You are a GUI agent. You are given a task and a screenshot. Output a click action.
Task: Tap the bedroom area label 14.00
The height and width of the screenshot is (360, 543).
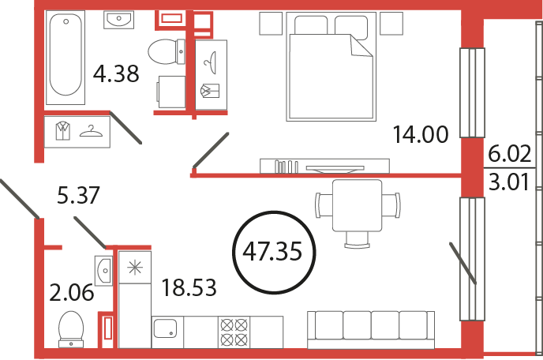click(421, 134)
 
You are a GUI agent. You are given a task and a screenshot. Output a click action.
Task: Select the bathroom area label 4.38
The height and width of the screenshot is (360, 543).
click(116, 73)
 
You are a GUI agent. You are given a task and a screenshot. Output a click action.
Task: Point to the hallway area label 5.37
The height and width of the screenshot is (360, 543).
click(78, 195)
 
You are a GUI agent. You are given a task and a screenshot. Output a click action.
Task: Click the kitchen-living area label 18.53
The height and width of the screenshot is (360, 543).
click(189, 287)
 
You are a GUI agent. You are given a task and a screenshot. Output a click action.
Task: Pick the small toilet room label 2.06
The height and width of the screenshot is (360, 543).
click(71, 292)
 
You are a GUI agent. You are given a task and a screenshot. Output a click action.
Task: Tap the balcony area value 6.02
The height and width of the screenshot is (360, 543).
click(509, 153)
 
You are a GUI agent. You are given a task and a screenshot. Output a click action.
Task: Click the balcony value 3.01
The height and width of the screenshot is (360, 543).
click(509, 182)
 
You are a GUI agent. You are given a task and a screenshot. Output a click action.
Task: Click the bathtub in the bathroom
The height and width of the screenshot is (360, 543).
click(66, 57)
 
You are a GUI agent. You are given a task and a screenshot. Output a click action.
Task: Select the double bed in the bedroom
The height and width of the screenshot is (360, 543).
click(331, 66)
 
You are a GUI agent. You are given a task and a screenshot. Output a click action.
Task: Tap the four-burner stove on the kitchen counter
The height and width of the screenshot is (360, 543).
click(234, 332)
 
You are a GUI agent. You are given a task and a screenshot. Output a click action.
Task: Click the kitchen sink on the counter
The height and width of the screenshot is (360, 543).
click(165, 328)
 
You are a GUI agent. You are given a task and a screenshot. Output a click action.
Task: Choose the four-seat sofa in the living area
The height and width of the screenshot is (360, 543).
click(371, 329)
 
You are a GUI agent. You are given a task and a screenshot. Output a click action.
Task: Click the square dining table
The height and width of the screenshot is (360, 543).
click(357, 205)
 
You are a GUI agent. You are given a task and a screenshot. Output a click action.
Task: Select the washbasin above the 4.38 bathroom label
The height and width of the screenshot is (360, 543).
click(118, 20)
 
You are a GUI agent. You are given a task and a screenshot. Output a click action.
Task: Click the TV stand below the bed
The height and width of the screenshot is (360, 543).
click(325, 166)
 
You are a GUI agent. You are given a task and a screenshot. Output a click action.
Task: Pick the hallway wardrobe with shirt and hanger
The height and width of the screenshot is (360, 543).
click(77, 132)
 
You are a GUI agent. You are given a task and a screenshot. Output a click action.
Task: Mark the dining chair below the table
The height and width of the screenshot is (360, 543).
click(357, 240)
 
